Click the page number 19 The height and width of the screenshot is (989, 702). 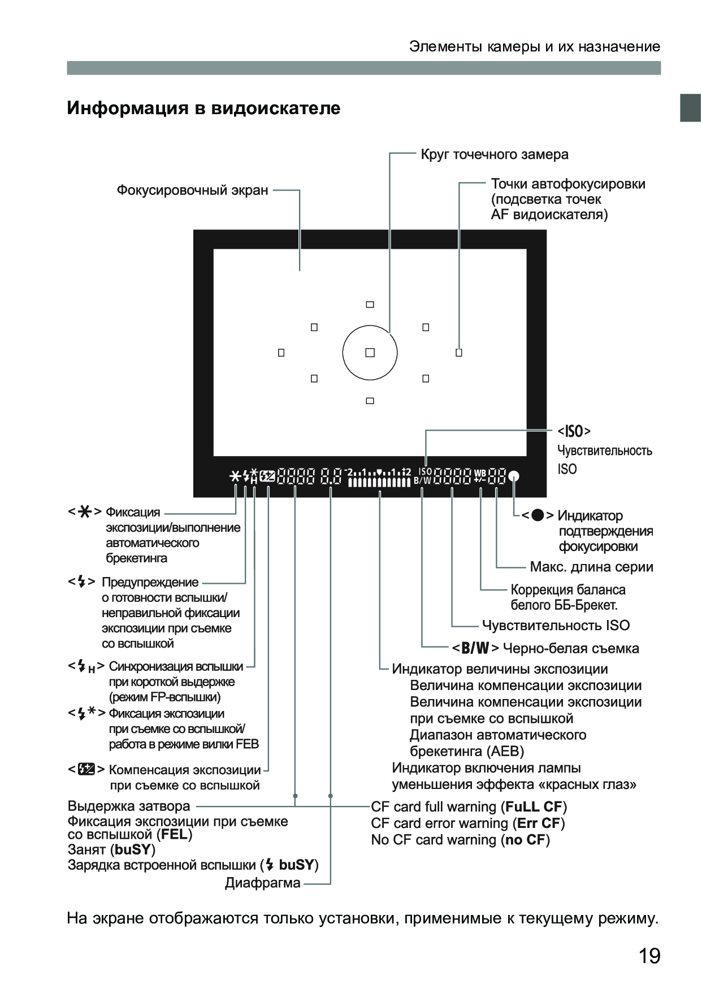pyautogui.click(x=649, y=956)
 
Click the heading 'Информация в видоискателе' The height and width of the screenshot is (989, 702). pyautogui.click(x=203, y=108)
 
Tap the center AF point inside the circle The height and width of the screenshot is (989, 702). pyautogui.click(x=370, y=353)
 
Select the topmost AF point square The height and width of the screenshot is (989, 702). pyautogui.click(x=370, y=305)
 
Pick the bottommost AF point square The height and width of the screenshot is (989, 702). pyautogui.click(x=370, y=401)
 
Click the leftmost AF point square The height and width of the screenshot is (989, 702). pyautogui.click(x=281, y=353)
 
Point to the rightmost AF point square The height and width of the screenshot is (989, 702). pyautogui.click(x=458, y=353)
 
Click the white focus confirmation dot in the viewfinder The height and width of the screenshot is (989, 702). pyautogui.click(x=513, y=476)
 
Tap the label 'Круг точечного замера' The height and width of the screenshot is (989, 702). pyautogui.click(x=494, y=154)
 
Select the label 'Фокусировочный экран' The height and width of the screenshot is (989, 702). pyautogui.click(x=192, y=190)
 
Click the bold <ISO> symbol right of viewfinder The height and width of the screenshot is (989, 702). pyautogui.click(x=574, y=432)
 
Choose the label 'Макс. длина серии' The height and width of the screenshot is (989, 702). pyautogui.click(x=591, y=567)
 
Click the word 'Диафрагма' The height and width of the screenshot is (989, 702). pyautogui.click(x=262, y=883)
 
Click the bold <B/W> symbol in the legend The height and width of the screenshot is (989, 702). pyautogui.click(x=475, y=648)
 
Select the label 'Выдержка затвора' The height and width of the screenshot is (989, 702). pyautogui.click(x=129, y=806)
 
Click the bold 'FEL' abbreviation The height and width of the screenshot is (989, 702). pyautogui.click(x=174, y=834)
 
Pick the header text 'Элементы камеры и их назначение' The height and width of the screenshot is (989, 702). pyautogui.click(x=534, y=46)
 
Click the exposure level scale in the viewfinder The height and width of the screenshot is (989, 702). pyautogui.click(x=379, y=477)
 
